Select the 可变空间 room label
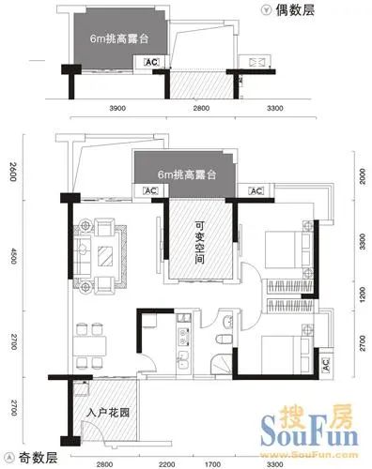point(200,241)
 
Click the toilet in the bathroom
point(220,342)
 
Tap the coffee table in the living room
point(101,250)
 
